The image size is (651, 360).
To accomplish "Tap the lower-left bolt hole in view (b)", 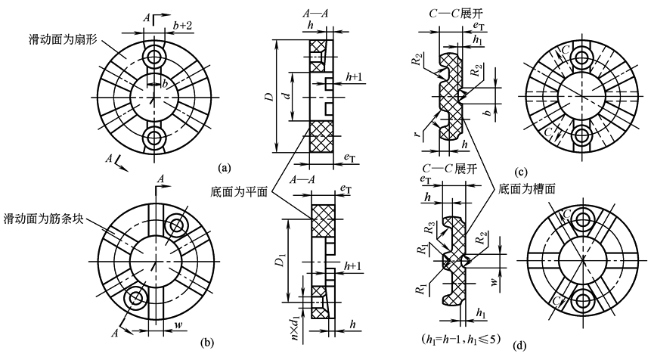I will [137, 299].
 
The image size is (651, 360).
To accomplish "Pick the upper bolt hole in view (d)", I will [584, 219].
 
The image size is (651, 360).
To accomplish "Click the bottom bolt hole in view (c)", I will [584, 137].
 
